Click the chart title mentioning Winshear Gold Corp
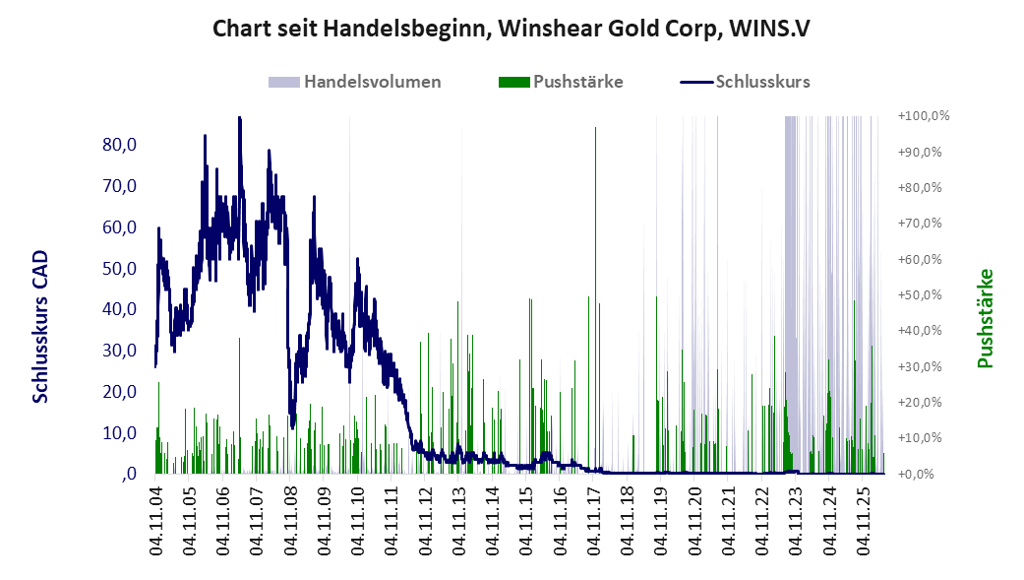[x=512, y=29]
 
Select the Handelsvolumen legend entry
[x=354, y=82]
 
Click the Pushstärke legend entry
[x=561, y=82]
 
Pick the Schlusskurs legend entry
[x=746, y=82]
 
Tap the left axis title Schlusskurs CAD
[x=40, y=326]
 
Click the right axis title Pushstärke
[x=985, y=318]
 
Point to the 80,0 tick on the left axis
[x=119, y=145]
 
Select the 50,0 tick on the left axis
[x=119, y=268]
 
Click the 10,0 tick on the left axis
[x=119, y=433]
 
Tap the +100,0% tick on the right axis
[x=924, y=116]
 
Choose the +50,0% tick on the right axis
[x=920, y=294]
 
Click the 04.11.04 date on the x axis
[x=155, y=521]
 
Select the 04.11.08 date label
[x=290, y=521]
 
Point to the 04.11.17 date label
[x=593, y=521]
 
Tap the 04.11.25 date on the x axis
[x=863, y=521]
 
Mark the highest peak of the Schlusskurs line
[x=240, y=118]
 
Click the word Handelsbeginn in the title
[x=405, y=29]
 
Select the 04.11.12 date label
[x=425, y=521]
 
